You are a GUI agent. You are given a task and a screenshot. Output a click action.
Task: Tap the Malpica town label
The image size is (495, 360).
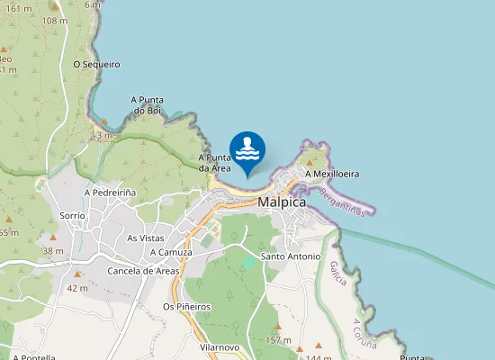pos(282,202)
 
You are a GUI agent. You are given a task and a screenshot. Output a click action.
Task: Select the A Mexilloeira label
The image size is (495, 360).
pos(332,174)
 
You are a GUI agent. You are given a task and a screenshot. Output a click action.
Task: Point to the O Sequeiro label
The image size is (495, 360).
pos(96,65)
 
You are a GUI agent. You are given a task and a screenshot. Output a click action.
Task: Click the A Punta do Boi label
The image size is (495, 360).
pos(146,104)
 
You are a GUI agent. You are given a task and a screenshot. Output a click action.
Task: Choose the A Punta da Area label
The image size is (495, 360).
pos(215,163)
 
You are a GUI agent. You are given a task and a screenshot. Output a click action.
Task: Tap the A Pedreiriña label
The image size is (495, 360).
pos(110,193)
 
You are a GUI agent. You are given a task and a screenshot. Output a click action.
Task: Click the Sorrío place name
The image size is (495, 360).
pos(72,216)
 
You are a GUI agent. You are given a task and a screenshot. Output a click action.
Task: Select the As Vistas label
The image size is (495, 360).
pos(146,238)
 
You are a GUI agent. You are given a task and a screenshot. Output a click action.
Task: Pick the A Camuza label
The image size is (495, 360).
pos(171,253)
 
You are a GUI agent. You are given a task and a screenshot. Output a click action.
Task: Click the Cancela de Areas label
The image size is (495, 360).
pos(143,271)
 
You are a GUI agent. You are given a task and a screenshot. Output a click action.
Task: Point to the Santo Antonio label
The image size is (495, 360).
pos(290,256)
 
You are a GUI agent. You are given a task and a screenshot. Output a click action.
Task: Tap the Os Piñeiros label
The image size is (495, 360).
pos(186,307)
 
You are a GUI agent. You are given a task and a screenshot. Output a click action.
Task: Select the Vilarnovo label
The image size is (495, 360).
pos(220,346)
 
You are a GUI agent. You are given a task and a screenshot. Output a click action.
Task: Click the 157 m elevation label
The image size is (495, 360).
pos(279,340)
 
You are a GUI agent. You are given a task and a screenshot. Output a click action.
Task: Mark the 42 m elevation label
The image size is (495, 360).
pos(77,288)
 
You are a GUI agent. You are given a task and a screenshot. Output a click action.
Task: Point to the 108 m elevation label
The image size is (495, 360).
pos(54,21)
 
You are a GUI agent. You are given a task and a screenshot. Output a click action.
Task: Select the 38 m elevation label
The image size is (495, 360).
pos(52,250)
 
